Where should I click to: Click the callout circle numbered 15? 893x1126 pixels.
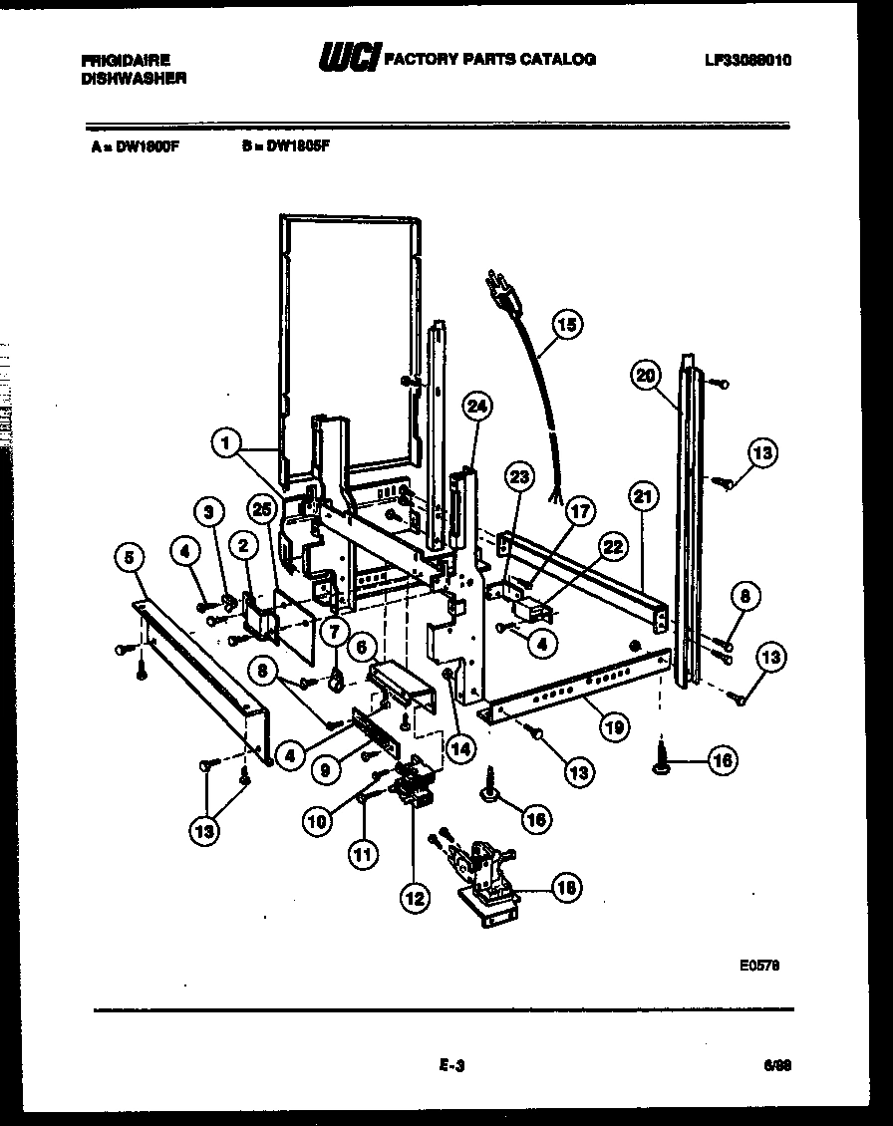[566, 325]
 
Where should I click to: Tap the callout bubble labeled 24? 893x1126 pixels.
[478, 407]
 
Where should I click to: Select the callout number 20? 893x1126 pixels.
[646, 375]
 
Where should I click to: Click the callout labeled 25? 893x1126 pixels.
[262, 510]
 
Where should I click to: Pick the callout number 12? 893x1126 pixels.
[415, 897]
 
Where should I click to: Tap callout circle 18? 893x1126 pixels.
[566, 887]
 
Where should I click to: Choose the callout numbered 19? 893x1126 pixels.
[614, 727]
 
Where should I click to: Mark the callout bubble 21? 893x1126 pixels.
[642, 495]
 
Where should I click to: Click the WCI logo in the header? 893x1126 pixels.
[348, 61]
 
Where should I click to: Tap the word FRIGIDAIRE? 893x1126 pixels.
[125, 61]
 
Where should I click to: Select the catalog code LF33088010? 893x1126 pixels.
[747, 60]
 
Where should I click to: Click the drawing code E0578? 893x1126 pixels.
[759, 964]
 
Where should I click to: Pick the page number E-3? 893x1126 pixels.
[451, 1066]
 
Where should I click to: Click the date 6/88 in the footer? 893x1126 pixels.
[776, 1066]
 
